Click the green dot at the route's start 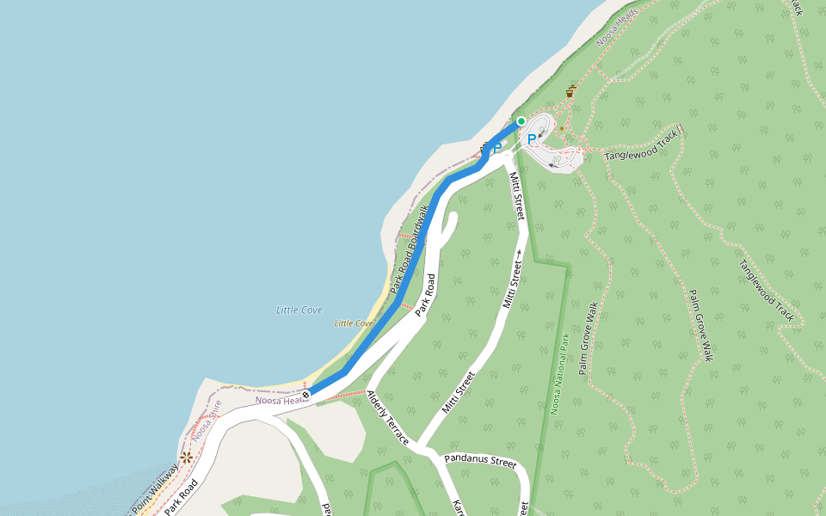(521, 121)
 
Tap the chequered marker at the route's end (305, 395)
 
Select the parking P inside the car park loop (531, 138)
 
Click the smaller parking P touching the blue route (496, 148)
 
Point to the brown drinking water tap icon (570, 92)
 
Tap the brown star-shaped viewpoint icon (186, 457)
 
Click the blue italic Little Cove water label (299, 310)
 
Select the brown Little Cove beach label (354, 323)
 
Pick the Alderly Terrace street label (387, 417)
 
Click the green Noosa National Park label (559, 374)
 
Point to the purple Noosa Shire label (206, 419)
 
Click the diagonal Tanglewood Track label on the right (766, 290)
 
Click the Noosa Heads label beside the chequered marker (281, 400)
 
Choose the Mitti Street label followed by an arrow (514, 279)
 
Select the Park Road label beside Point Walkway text (182, 496)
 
